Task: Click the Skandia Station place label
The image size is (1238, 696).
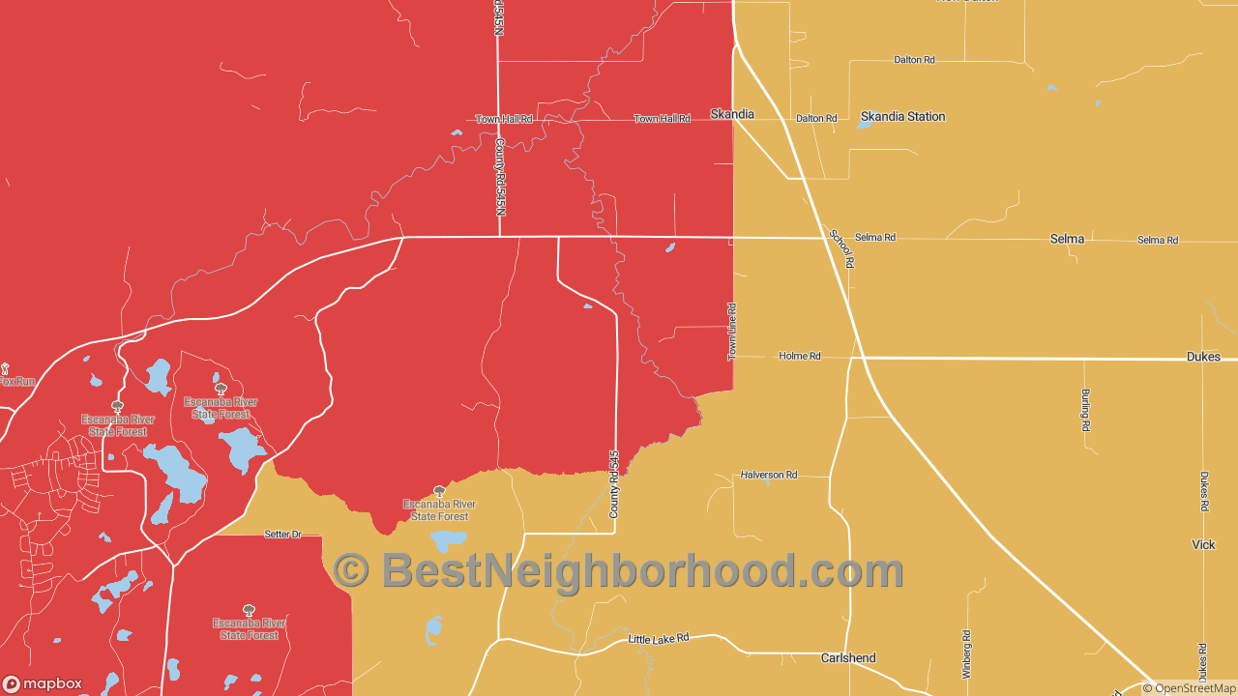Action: [x=902, y=116]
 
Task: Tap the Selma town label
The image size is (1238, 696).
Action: [x=1067, y=239]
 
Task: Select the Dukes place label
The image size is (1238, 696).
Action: [x=1203, y=357]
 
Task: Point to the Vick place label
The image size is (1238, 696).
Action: [x=1203, y=545]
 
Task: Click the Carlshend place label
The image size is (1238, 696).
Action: [x=848, y=658]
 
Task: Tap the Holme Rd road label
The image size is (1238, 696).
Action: [x=800, y=357]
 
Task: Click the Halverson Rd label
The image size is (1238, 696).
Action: [x=769, y=475]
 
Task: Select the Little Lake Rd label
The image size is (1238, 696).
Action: [x=659, y=639]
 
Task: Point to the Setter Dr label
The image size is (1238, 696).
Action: [x=283, y=534]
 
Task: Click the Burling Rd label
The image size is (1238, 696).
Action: [x=1085, y=410]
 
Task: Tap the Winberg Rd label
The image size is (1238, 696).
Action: [x=965, y=653]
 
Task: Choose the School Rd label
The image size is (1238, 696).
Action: [x=841, y=248]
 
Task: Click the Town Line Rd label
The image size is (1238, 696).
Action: [x=732, y=333]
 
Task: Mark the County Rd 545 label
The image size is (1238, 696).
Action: [x=613, y=484]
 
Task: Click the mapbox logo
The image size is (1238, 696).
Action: [x=43, y=683]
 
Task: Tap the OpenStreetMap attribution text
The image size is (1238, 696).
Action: [x=1189, y=688]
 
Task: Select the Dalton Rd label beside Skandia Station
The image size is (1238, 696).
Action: [x=816, y=118]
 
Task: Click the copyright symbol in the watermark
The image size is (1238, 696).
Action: [x=351, y=570]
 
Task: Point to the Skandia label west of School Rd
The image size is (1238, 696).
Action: [x=732, y=114]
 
